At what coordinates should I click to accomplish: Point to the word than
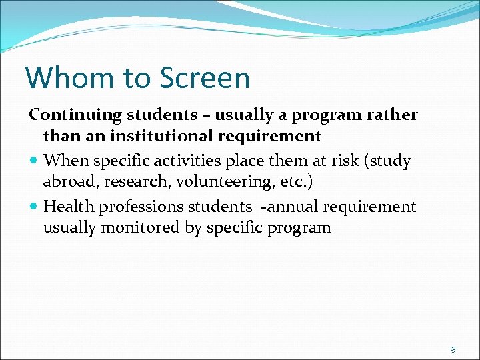click(x=57, y=137)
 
